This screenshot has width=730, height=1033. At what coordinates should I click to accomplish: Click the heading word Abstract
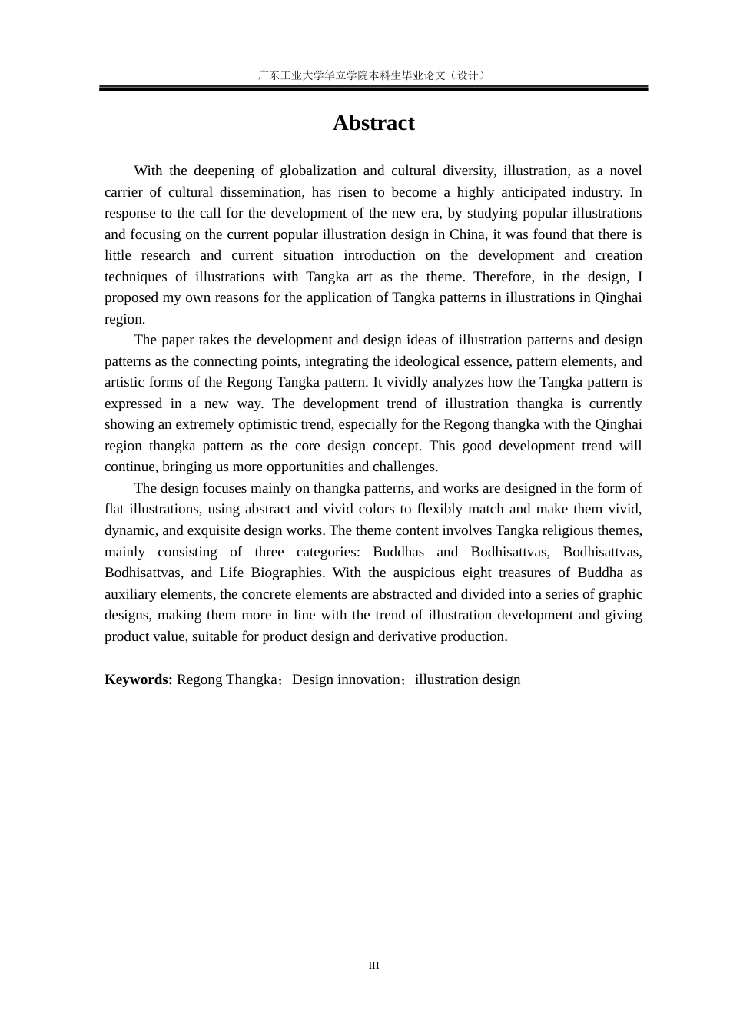[x=373, y=123]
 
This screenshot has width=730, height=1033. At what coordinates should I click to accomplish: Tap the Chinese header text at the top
[x=373, y=75]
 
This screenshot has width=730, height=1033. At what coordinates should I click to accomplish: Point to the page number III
[x=373, y=966]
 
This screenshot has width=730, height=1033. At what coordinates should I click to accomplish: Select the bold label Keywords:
[x=138, y=679]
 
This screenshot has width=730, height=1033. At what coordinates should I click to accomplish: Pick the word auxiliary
[x=131, y=594]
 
